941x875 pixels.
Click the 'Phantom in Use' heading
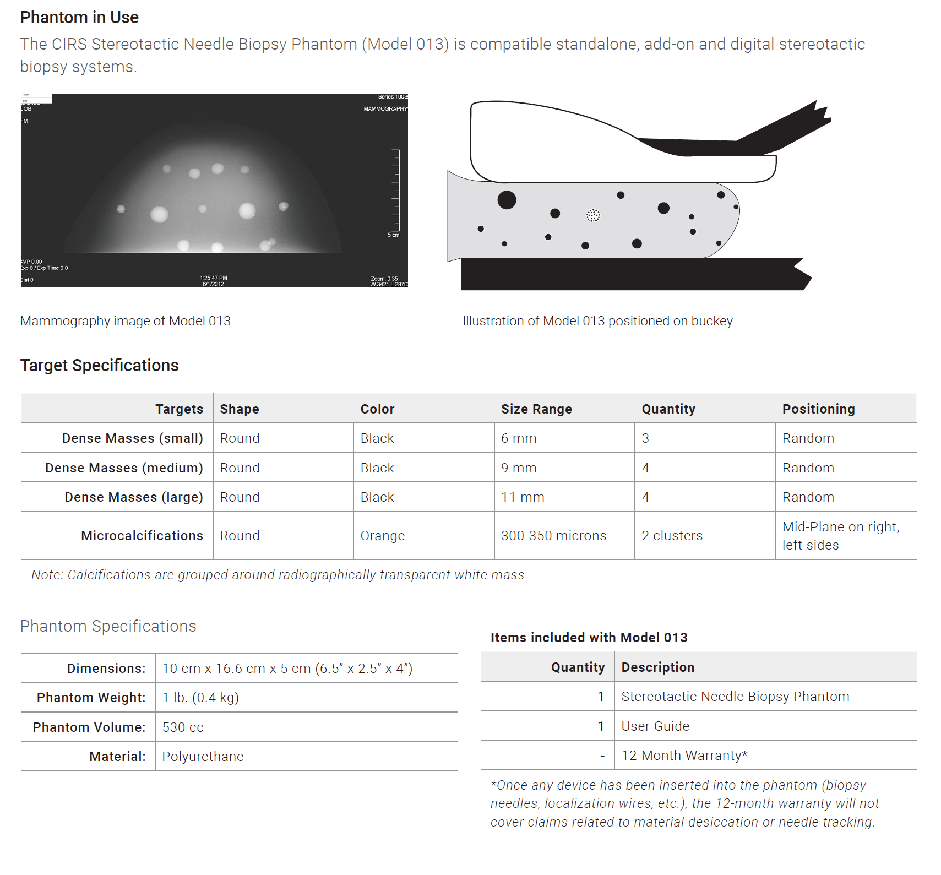click(79, 18)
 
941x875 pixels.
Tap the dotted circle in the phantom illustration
click(592, 215)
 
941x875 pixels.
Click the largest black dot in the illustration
click(507, 200)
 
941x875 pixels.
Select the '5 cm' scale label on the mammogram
click(393, 235)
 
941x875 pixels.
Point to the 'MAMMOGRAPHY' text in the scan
click(385, 109)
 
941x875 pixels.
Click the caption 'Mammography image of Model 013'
click(126, 321)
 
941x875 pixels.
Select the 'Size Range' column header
click(536, 409)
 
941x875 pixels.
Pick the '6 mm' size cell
click(519, 438)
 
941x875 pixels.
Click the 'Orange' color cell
click(383, 536)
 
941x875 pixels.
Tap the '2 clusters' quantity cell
click(672, 536)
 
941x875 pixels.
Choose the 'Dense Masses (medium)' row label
click(124, 468)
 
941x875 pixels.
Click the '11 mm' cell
click(523, 497)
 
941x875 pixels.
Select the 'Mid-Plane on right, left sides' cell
click(840, 536)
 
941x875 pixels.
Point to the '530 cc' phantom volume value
click(183, 727)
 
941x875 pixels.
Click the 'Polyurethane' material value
click(203, 757)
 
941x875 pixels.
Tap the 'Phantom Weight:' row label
click(91, 698)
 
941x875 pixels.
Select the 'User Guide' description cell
click(655, 726)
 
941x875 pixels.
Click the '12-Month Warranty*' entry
click(684, 756)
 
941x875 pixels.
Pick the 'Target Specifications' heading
click(100, 366)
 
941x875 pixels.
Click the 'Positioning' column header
click(818, 409)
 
